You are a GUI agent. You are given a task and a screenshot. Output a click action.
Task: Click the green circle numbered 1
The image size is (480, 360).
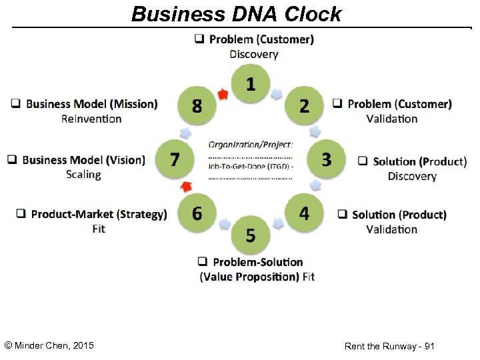coord(250,84)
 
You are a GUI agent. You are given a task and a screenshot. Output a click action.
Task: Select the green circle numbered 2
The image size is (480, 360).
coord(304,106)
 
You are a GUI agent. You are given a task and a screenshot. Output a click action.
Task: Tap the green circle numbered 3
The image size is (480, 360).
coord(326,159)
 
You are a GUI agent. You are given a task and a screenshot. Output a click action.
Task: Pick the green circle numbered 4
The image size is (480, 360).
coord(304,213)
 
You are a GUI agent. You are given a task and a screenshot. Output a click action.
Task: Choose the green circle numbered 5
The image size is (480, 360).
coord(250,235)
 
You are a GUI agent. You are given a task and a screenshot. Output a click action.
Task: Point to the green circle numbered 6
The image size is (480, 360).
coord(197,213)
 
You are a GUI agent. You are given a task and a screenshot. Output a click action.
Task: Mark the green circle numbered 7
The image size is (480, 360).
coord(175,159)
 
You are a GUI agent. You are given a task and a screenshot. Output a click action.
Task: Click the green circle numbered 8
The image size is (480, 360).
coord(197,106)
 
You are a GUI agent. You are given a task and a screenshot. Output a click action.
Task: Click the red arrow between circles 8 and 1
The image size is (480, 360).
coord(223,94)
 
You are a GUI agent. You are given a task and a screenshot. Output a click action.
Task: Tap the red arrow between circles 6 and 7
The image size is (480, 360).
coord(187,185)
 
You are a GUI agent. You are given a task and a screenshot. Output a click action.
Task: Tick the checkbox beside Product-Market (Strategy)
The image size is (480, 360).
coord(21,214)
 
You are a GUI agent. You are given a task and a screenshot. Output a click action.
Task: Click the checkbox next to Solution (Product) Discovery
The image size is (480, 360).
coord(363,161)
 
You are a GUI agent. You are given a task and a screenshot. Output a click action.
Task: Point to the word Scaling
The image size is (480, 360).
coord(83,175)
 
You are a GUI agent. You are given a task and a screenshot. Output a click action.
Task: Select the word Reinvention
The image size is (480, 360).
coord(91,119)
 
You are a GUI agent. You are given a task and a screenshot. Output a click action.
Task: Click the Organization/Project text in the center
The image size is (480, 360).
coord(250,144)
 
